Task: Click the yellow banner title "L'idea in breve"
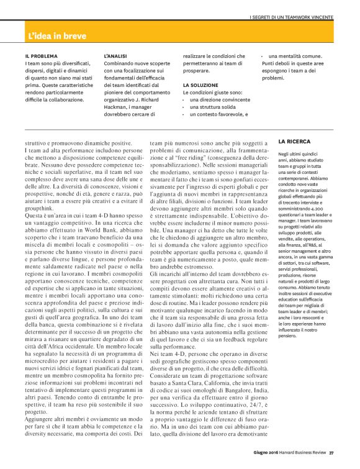[x=57, y=29]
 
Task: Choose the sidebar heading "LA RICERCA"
[x=294, y=142]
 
